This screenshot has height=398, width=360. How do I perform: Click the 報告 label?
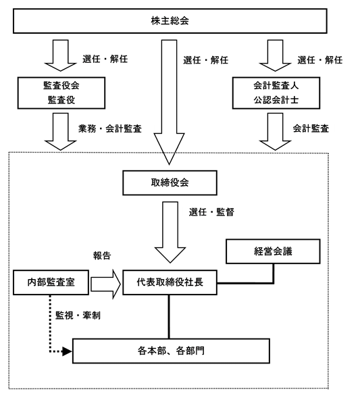(x=102, y=255)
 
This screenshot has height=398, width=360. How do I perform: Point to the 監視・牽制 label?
(x=78, y=316)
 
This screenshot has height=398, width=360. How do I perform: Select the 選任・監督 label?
(x=211, y=212)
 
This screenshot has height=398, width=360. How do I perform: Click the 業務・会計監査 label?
(x=110, y=128)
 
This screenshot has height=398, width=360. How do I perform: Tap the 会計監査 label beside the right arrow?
(x=311, y=128)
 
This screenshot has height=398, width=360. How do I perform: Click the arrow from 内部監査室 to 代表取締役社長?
(x=106, y=284)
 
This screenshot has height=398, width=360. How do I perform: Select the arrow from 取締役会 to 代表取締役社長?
(x=170, y=232)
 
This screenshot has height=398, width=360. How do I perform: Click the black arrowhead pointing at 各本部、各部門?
(x=67, y=351)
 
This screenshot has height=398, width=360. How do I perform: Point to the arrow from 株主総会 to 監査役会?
(x=60, y=55)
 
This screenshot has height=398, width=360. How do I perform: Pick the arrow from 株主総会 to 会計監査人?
(x=276, y=55)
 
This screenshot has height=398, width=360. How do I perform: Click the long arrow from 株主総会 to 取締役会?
(x=170, y=102)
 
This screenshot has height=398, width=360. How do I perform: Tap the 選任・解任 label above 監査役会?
(x=105, y=59)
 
